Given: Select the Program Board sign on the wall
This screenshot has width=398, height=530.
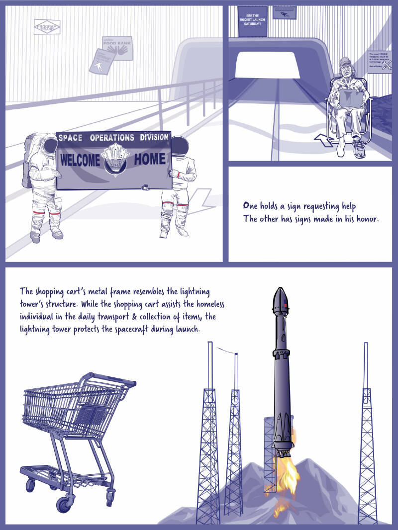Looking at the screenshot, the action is click(47, 27).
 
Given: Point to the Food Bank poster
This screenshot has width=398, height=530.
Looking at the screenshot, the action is click(117, 48).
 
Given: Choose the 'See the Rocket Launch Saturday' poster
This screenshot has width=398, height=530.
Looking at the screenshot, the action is click(253, 21).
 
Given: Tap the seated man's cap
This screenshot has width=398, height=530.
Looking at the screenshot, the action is click(344, 62).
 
